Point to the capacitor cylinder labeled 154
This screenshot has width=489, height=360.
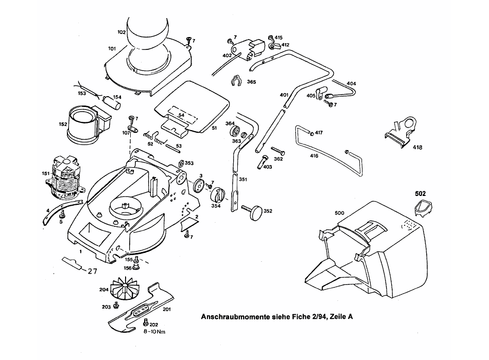point(113,102)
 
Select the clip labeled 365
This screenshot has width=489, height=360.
point(236,81)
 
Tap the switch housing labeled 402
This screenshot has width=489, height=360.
point(248,50)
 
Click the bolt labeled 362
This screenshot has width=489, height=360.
point(277,151)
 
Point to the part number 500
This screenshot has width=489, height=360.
point(339,213)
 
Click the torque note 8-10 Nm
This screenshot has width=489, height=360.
point(154,332)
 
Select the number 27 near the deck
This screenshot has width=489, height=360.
point(92,271)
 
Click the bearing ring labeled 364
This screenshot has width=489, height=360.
point(235,131)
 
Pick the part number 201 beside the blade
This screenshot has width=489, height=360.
point(167,309)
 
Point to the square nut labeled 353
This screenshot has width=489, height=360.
point(181,164)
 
